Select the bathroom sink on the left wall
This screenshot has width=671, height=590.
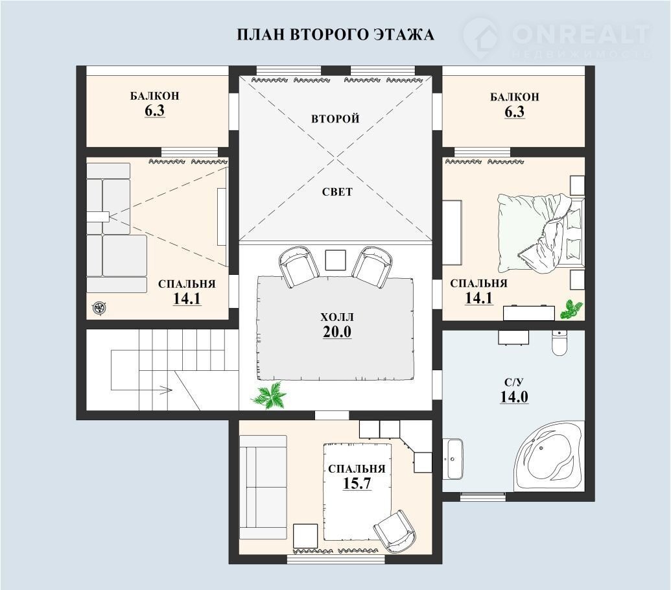pyautogui.click(x=452, y=459)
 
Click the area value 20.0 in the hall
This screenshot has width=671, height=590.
pyautogui.click(x=336, y=331)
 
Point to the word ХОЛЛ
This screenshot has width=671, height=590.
pyautogui.click(x=337, y=317)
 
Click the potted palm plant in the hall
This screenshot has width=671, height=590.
pyautogui.click(x=270, y=395)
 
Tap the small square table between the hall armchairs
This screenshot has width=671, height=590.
pyautogui.click(x=335, y=260)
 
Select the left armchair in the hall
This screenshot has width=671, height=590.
pyautogui.click(x=299, y=266)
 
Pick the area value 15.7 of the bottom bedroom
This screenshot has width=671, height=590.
pyautogui.click(x=357, y=483)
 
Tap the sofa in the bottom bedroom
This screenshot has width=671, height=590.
pyautogui.click(x=263, y=488)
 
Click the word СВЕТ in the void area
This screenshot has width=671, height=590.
pyautogui.click(x=337, y=192)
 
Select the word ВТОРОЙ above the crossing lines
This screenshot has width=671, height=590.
pyautogui.click(x=335, y=119)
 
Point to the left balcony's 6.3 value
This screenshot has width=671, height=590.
pyautogui.click(x=154, y=110)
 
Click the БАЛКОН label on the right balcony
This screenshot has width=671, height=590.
pyautogui.click(x=514, y=97)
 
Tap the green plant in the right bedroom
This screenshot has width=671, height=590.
pyautogui.click(x=571, y=309)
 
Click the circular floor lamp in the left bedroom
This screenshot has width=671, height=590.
pyautogui.click(x=99, y=307)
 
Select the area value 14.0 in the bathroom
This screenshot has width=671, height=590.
pyautogui.click(x=514, y=397)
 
